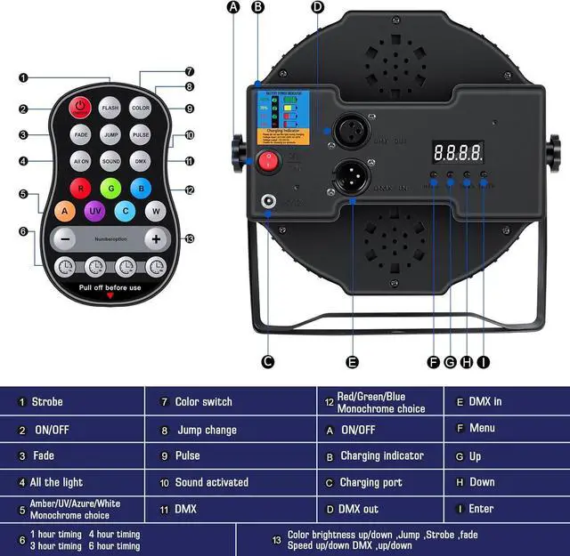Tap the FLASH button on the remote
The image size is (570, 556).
click(x=110, y=108)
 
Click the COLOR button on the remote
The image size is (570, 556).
click(x=140, y=108)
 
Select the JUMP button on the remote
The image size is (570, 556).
click(x=110, y=134)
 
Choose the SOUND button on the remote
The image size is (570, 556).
click(x=110, y=161)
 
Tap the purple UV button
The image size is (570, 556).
click(x=94, y=212)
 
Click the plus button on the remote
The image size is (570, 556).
click(x=156, y=239)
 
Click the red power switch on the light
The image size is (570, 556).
click(x=267, y=162)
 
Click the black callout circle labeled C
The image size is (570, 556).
click(x=267, y=362)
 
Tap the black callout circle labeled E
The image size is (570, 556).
click(x=353, y=362)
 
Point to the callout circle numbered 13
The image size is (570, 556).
click(x=189, y=238)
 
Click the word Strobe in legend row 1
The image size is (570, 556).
click(x=47, y=402)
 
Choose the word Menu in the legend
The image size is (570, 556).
click(x=482, y=429)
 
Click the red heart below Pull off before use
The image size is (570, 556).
click(x=110, y=296)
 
